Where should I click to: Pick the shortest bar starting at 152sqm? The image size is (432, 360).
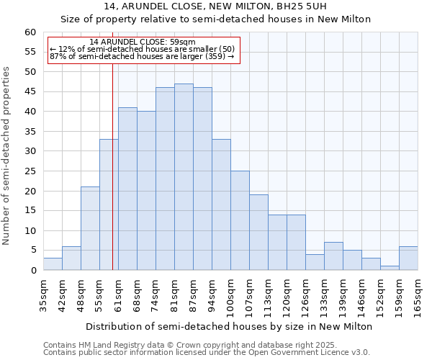coord(390,268)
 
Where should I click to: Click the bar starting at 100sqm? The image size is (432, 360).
coord(240,220)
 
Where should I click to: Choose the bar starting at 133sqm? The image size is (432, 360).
coord(333,256)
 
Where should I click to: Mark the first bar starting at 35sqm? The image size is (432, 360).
coord(53,264)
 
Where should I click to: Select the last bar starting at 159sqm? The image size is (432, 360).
coord(408,258)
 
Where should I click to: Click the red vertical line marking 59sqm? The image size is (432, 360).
coord(113,180)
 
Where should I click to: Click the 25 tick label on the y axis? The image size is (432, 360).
coord(30,171)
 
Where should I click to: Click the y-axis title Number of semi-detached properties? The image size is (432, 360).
coord(7,156)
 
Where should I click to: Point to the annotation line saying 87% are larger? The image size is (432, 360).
coord(142,56)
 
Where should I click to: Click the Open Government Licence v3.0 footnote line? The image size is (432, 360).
coord(207,353)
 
